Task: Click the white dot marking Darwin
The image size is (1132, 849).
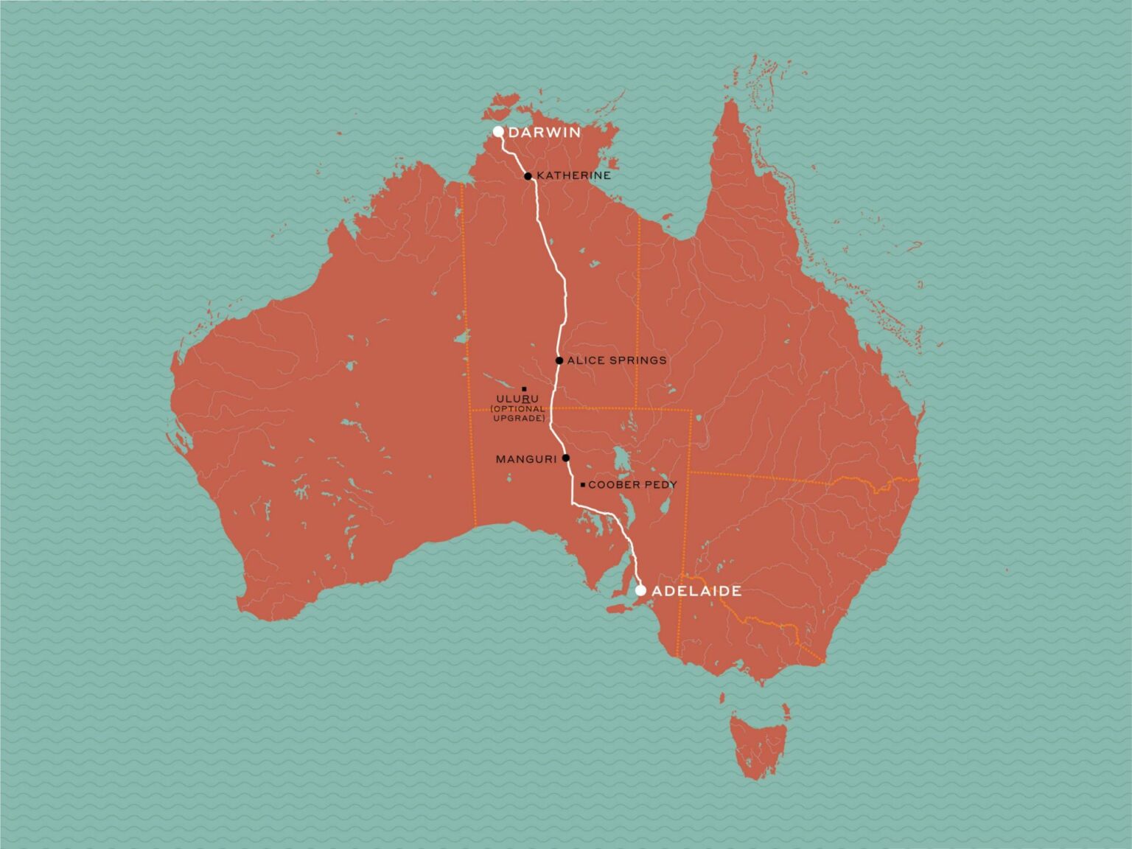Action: (x=498, y=132)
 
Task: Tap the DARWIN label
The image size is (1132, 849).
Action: (x=545, y=133)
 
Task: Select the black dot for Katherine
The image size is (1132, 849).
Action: (x=528, y=176)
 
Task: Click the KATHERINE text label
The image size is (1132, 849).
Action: (x=573, y=175)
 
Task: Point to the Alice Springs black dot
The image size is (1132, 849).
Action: (x=559, y=360)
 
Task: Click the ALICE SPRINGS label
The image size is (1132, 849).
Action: (x=617, y=360)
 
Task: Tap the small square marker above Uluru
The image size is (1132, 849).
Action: (x=524, y=388)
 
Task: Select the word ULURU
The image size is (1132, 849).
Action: (x=517, y=399)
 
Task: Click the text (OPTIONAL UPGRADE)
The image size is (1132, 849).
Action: (x=518, y=413)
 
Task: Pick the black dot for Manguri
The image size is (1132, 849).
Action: (x=566, y=458)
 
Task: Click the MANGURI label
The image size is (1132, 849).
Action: (x=526, y=459)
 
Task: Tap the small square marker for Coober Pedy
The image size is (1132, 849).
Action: (x=583, y=485)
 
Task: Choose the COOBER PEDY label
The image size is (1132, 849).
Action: (x=632, y=485)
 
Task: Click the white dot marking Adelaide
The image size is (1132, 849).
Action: (x=640, y=590)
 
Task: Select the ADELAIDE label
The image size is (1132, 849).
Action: (x=696, y=591)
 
